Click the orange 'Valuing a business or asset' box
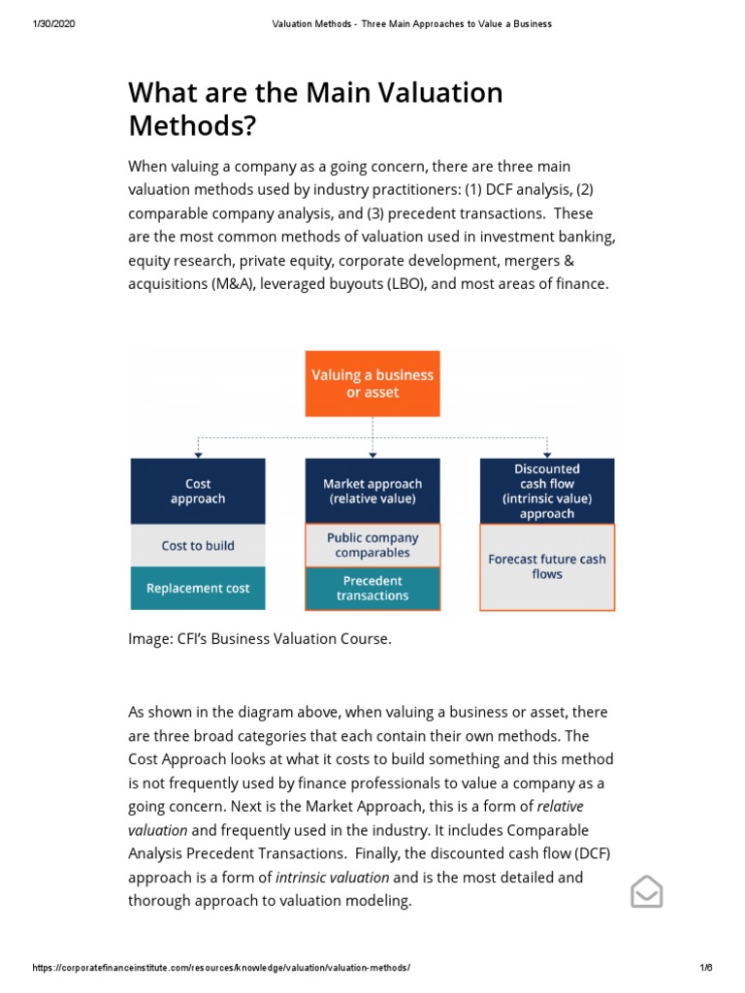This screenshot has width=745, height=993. point(372,383)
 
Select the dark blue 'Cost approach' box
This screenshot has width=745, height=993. point(198,491)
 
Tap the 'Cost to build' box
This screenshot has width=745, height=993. point(198,546)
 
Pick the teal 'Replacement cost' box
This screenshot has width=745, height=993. point(198,589)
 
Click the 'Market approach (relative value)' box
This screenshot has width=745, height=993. point(372,491)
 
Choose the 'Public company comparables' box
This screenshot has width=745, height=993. point(372,545)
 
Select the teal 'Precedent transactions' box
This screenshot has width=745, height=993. point(372,589)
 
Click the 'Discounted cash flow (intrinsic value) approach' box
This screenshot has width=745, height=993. point(547,491)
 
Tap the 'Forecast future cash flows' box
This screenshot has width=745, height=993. point(547,567)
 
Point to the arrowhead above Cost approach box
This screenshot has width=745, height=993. point(198,454)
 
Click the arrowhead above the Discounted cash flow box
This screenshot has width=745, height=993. point(547,454)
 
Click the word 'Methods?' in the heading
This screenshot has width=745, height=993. point(194,125)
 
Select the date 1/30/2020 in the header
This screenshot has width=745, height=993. point(53,23)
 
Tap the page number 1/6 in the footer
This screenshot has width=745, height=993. point(705,969)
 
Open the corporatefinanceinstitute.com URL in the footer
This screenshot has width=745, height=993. point(221,969)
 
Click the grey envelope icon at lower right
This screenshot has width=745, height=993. point(647,891)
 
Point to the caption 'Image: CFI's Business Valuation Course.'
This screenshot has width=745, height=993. point(260,640)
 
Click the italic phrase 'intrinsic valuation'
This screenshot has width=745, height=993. point(333,878)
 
